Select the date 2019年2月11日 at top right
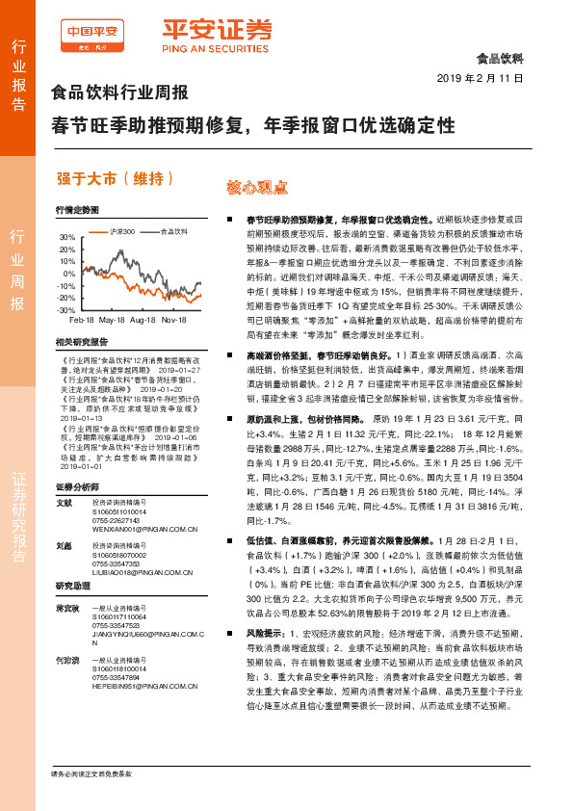tap(479, 77)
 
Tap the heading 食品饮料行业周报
tap(118, 93)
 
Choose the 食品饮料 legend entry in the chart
tap(173, 231)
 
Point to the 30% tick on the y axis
tap(66, 237)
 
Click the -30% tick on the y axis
tap(65, 311)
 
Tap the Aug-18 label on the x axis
tap(143, 319)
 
